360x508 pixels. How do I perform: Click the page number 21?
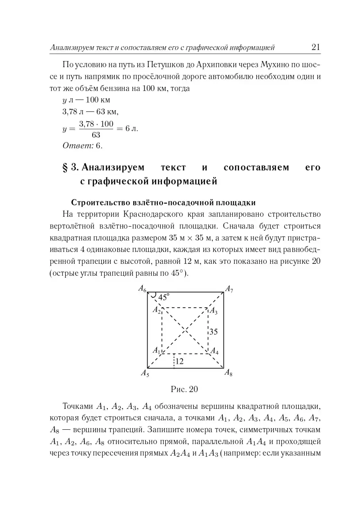pos(315,47)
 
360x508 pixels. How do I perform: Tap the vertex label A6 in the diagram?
pos(142,289)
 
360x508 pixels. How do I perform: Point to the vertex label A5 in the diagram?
pos(145,373)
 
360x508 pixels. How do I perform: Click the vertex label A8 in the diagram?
pos(228,372)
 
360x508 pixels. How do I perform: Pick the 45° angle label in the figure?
pos(164,298)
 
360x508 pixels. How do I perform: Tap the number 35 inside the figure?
pos(213,332)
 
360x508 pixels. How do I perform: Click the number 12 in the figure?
pos(179,361)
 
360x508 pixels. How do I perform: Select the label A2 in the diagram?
pos(157,310)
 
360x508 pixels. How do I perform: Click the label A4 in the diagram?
pos(214,351)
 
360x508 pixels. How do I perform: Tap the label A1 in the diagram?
pos(156,350)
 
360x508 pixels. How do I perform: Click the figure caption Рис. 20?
pos(184,389)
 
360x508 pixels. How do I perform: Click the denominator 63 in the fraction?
pos(96,135)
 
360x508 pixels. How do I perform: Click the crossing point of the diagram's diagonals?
pos(185,330)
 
